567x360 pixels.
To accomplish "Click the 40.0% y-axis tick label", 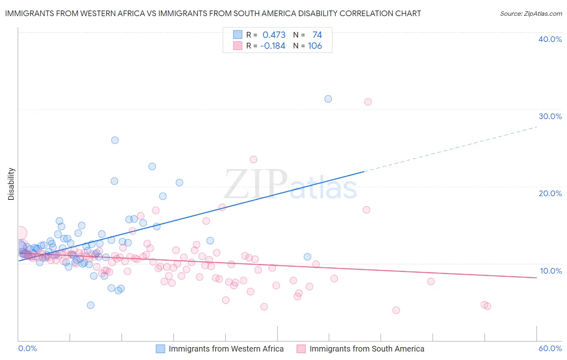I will click(550, 39).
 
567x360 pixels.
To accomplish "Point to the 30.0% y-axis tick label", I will click(550, 116).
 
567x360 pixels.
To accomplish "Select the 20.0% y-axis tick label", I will click(550, 193).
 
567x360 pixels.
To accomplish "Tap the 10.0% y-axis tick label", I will click(551, 271).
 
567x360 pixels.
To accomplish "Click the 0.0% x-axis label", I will click(27, 348).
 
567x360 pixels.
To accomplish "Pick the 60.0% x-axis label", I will click(550, 348).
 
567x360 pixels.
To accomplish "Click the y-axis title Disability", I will click(11, 184).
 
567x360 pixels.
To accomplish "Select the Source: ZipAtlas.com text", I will click(531, 14).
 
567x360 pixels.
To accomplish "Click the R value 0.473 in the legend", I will click(274, 35).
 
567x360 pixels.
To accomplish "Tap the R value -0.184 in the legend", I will click(273, 46).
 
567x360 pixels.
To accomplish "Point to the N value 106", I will click(315, 46).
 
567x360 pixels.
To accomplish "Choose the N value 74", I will click(317, 35).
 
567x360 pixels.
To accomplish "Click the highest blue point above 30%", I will click(328, 99).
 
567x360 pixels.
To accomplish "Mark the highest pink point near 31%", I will click(368, 102).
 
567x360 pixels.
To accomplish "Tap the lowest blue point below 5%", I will click(91, 305).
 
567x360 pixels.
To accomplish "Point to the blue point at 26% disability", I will click(115, 140).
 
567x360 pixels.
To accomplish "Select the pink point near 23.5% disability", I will click(253, 159).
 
